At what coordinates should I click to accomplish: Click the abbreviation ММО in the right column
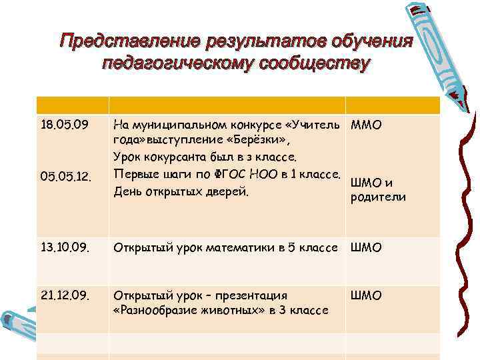(366, 125)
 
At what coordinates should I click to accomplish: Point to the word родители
(378, 197)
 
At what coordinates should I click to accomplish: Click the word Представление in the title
(122, 41)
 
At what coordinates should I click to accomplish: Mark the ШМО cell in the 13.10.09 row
(366, 249)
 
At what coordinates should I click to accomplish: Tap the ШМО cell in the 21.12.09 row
(366, 295)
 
